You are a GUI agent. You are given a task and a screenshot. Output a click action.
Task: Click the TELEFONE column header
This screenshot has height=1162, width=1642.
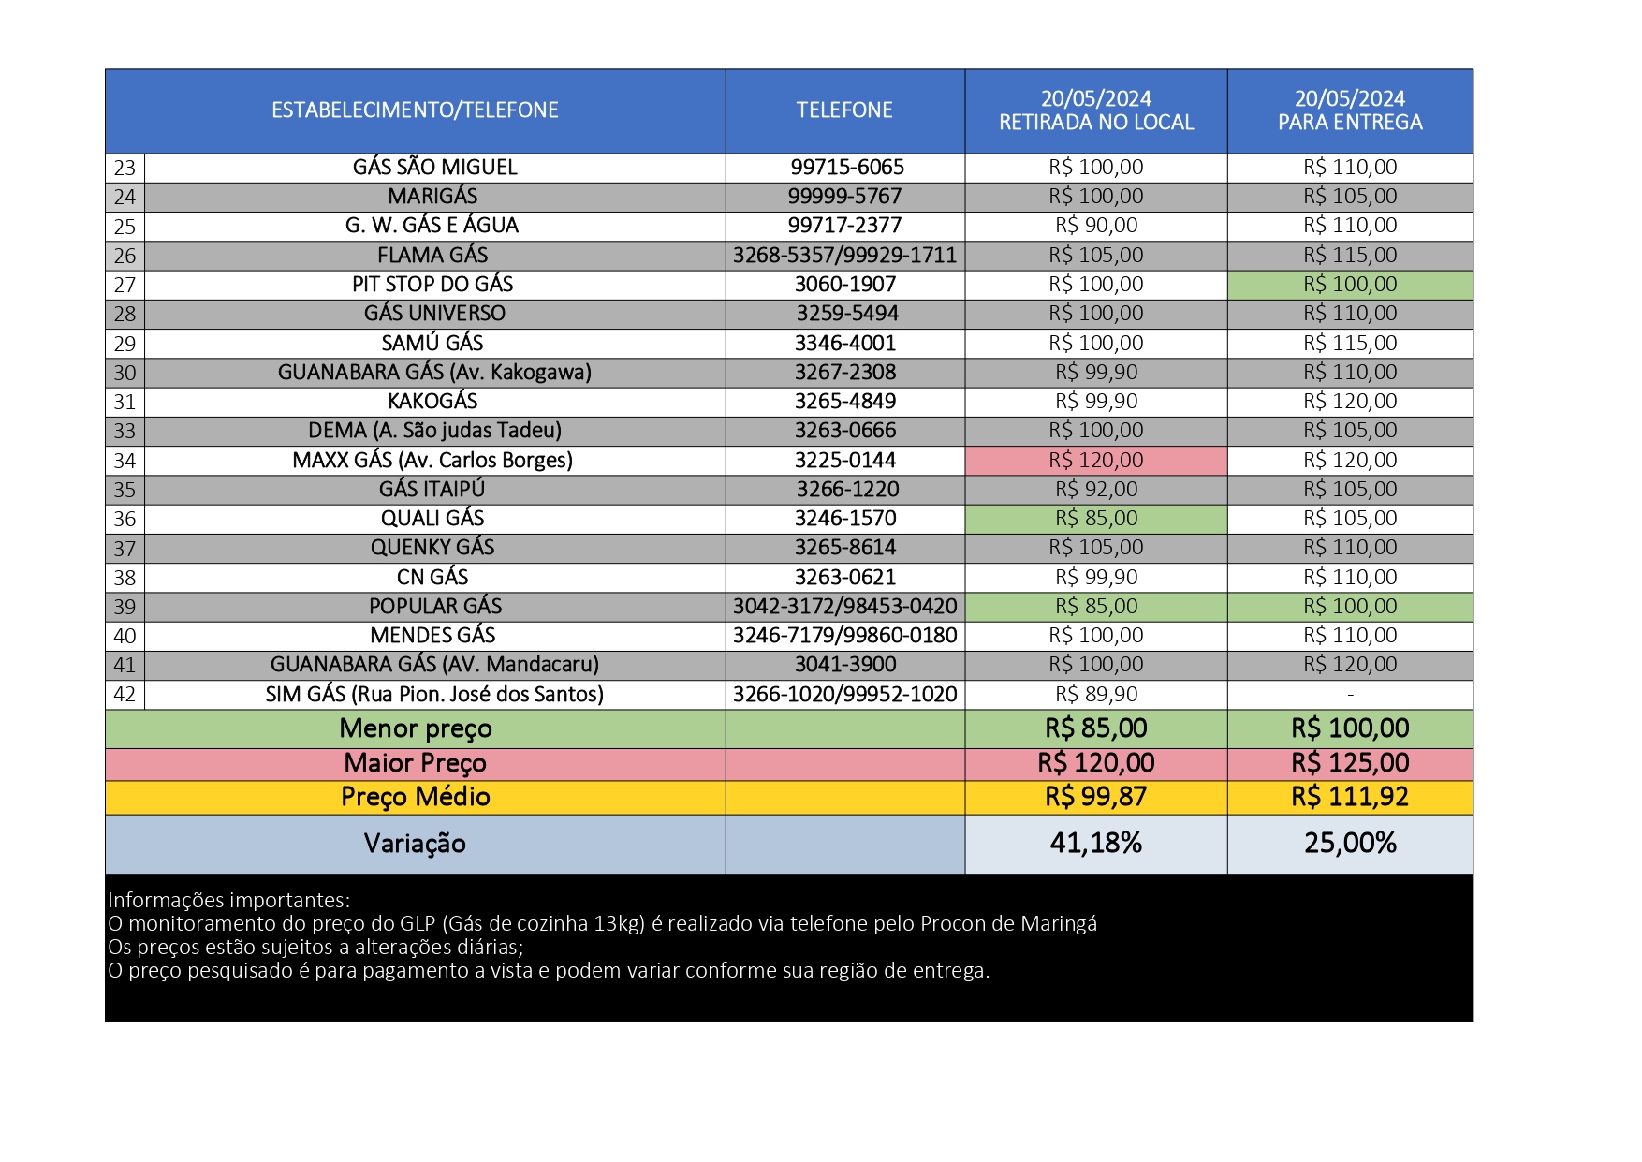[844, 110]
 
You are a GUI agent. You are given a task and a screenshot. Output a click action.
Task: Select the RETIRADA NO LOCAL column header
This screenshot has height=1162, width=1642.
[1096, 110]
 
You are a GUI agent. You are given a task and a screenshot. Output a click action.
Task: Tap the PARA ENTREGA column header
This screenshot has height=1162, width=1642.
[1350, 110]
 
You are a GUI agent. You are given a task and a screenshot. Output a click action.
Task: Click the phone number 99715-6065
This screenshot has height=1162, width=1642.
[847, 168]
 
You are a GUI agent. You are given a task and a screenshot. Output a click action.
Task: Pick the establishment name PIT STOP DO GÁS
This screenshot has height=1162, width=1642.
[432, 285]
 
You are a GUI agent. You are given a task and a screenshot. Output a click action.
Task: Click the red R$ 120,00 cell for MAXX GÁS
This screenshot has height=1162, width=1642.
[1096, 460]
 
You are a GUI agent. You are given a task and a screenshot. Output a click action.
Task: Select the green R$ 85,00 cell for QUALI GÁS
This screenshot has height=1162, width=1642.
[1096, 519]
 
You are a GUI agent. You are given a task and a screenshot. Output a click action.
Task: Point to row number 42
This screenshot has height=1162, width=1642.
[125, 695]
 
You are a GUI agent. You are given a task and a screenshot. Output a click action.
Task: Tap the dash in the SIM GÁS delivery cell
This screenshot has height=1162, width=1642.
[1350, 695]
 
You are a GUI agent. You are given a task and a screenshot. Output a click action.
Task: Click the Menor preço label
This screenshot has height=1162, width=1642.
[415, 728]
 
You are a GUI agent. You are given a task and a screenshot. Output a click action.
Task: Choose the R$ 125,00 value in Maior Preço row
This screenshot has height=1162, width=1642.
[1350, 763]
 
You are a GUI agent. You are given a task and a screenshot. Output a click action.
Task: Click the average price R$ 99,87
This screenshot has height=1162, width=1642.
[1096, 797]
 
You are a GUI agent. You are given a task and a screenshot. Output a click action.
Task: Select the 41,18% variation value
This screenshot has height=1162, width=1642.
[1096, 844]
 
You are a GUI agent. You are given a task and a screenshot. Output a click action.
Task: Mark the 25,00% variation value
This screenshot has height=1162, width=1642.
[1350, 844]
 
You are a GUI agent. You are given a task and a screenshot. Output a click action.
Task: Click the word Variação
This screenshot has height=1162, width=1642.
[415, 844]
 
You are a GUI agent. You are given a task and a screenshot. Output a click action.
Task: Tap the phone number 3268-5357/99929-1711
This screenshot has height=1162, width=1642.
[844, 256]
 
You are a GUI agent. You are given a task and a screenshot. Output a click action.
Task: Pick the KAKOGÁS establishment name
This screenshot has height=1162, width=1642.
[432, 402]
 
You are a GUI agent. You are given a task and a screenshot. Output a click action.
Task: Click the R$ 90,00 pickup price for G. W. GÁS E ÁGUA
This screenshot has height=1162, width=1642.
[1096, 226]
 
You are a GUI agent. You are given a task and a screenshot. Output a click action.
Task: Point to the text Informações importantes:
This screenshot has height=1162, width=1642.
[228, 901]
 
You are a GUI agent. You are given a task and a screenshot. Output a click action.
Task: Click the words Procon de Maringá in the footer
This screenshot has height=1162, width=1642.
[1008, 924]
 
